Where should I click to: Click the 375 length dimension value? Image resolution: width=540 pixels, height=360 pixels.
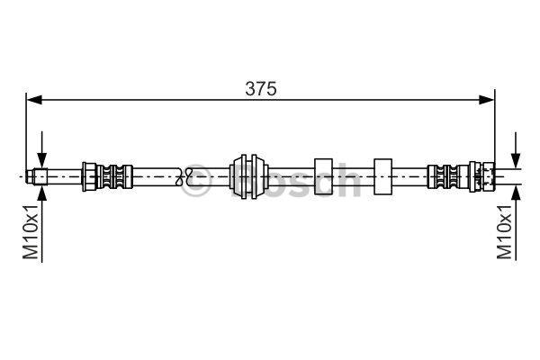pyautogui.click(x=261, y=89)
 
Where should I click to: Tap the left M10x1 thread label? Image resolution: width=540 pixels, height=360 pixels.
pyautogui.click(x=31, y=231)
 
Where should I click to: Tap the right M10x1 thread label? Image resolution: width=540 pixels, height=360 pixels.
pyautogui.click(x=504, y=231)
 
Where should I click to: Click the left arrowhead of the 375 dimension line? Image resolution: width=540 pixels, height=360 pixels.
pyautogui.click(x=34, y=100)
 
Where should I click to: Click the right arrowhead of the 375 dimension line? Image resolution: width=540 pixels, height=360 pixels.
pyautogui.click(x=487, y=100)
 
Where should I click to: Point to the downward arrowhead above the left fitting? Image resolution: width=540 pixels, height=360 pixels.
pyautogui.click(x=41, y=160)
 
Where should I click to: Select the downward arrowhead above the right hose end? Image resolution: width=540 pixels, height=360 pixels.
pyautogui.click(x=516, y=161)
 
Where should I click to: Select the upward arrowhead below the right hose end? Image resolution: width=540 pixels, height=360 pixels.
pyautogui.click(x=516, y=192)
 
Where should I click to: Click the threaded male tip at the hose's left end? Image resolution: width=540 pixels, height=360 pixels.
pyautogui.click(x=37, y=176)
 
